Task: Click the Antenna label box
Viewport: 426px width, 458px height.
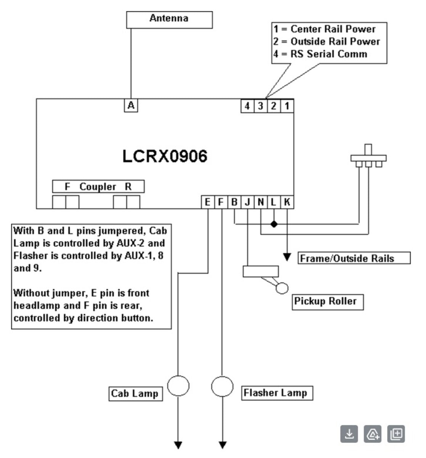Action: tap(169, 19)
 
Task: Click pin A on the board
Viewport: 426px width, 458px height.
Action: tap(131, 105)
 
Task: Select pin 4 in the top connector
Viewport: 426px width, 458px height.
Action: tap(247, 106)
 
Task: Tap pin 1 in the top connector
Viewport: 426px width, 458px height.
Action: tap(287, 106)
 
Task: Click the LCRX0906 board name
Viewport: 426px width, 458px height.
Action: tap(165, 156)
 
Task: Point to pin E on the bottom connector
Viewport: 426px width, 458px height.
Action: tap(207, 202)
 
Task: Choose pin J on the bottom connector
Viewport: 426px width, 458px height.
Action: tap(247, 202)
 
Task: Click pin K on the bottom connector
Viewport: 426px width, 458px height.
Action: tap(287, 202)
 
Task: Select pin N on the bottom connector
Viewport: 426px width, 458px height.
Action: tap(260, 202)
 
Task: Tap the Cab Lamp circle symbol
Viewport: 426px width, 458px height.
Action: tap(178, 386)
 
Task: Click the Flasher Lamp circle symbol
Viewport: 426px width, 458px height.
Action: tap(222, 387)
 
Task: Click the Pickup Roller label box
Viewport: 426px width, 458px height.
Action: tap(325, 302)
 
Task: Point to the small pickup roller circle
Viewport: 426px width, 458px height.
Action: tap(282, 288)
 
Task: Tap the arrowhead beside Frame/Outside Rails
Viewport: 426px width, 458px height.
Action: tap(287, 257)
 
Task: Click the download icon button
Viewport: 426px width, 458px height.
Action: tap(349, 434)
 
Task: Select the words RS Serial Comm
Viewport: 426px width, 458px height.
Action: tap(329, 54)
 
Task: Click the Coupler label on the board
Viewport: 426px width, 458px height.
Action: tap(98, 187)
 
